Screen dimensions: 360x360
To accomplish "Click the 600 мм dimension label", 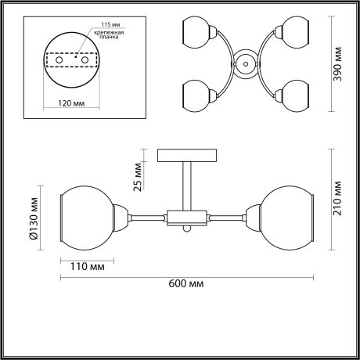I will click(186, 284).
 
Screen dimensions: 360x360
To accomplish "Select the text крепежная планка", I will click(101, 38).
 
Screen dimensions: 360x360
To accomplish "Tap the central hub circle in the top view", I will click(245, 64).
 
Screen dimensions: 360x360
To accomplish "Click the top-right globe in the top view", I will click(296, 33).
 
